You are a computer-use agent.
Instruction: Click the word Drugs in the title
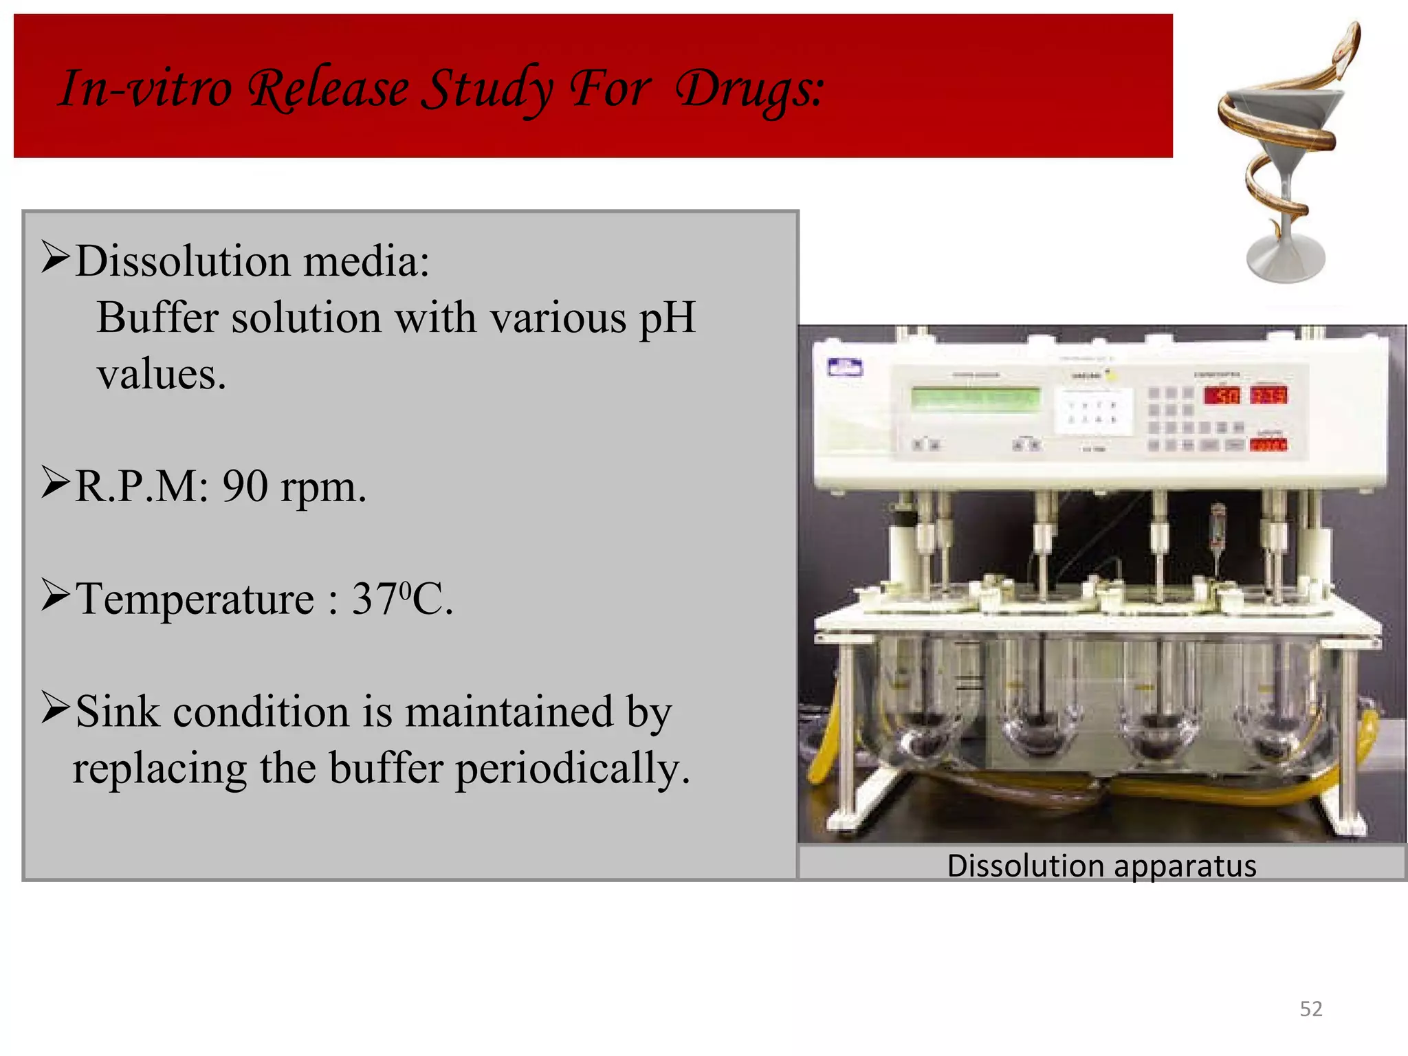749,89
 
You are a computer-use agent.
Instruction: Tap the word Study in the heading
487,89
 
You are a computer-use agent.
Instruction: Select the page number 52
1310,1009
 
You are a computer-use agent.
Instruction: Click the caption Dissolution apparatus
1101,866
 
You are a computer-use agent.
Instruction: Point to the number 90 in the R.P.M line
245,487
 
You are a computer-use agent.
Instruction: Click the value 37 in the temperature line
375,598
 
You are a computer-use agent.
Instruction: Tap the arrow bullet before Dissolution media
55,257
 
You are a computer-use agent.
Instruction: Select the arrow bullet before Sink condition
55,708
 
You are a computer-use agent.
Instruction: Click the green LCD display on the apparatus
975,398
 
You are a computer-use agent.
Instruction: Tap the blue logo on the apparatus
845,368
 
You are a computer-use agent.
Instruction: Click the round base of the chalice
1286,258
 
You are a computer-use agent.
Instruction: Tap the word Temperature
195,598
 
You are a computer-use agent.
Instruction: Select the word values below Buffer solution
161,375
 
